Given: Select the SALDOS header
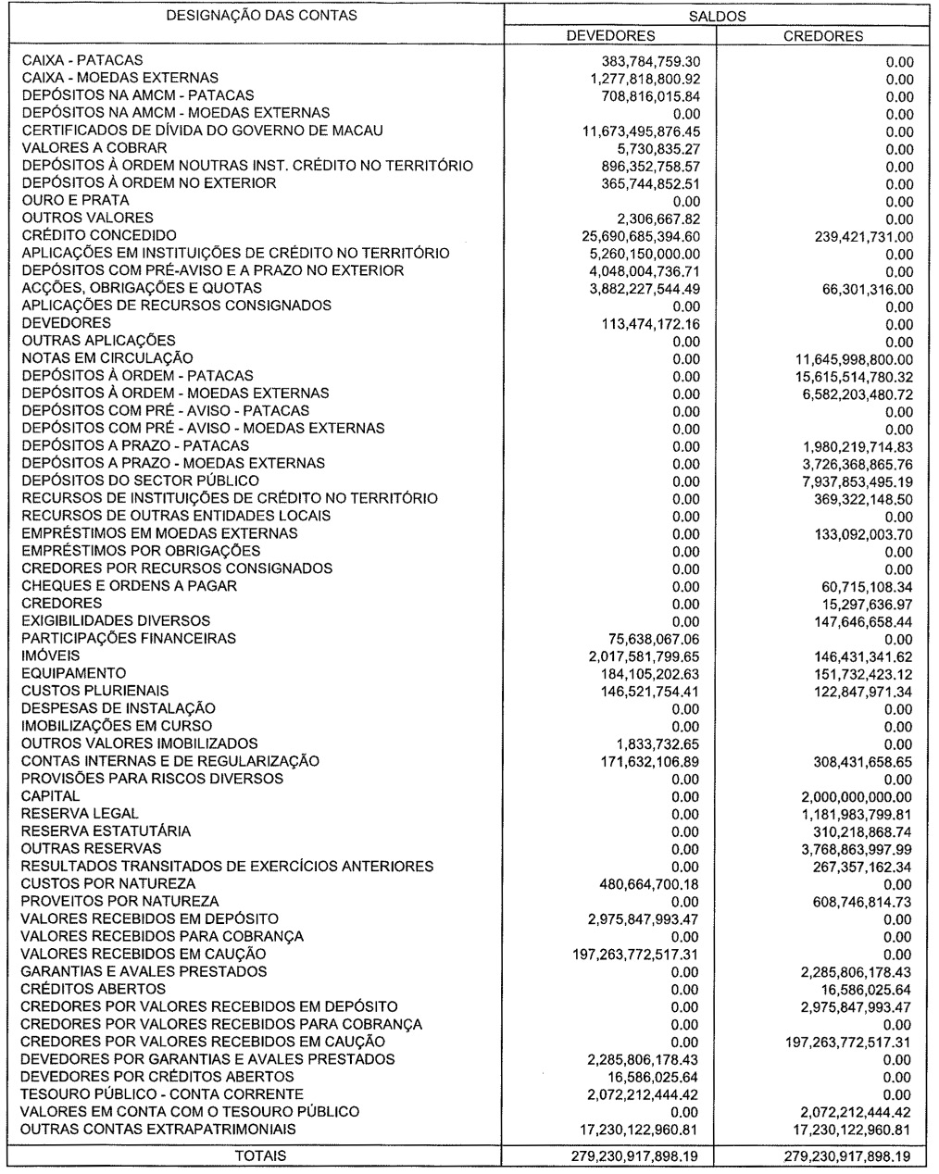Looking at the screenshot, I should [x=718, y=16].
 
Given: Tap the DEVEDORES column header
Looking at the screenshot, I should [x=610, y=36].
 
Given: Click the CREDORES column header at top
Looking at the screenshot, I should [x=823, y=36].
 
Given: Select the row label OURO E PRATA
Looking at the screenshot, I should [x=75, y=200].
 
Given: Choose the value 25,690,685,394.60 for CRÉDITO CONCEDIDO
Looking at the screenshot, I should [x=634, y=236].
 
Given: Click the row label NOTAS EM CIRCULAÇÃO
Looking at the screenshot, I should [x=107, y=358].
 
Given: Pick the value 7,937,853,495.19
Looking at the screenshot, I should [x=852, y=481].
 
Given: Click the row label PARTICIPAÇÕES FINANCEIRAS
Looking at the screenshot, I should [x=129, y=639].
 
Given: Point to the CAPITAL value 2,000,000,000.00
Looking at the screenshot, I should [x=851, y=796].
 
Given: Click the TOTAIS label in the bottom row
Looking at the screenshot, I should [x=261, y=1155].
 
